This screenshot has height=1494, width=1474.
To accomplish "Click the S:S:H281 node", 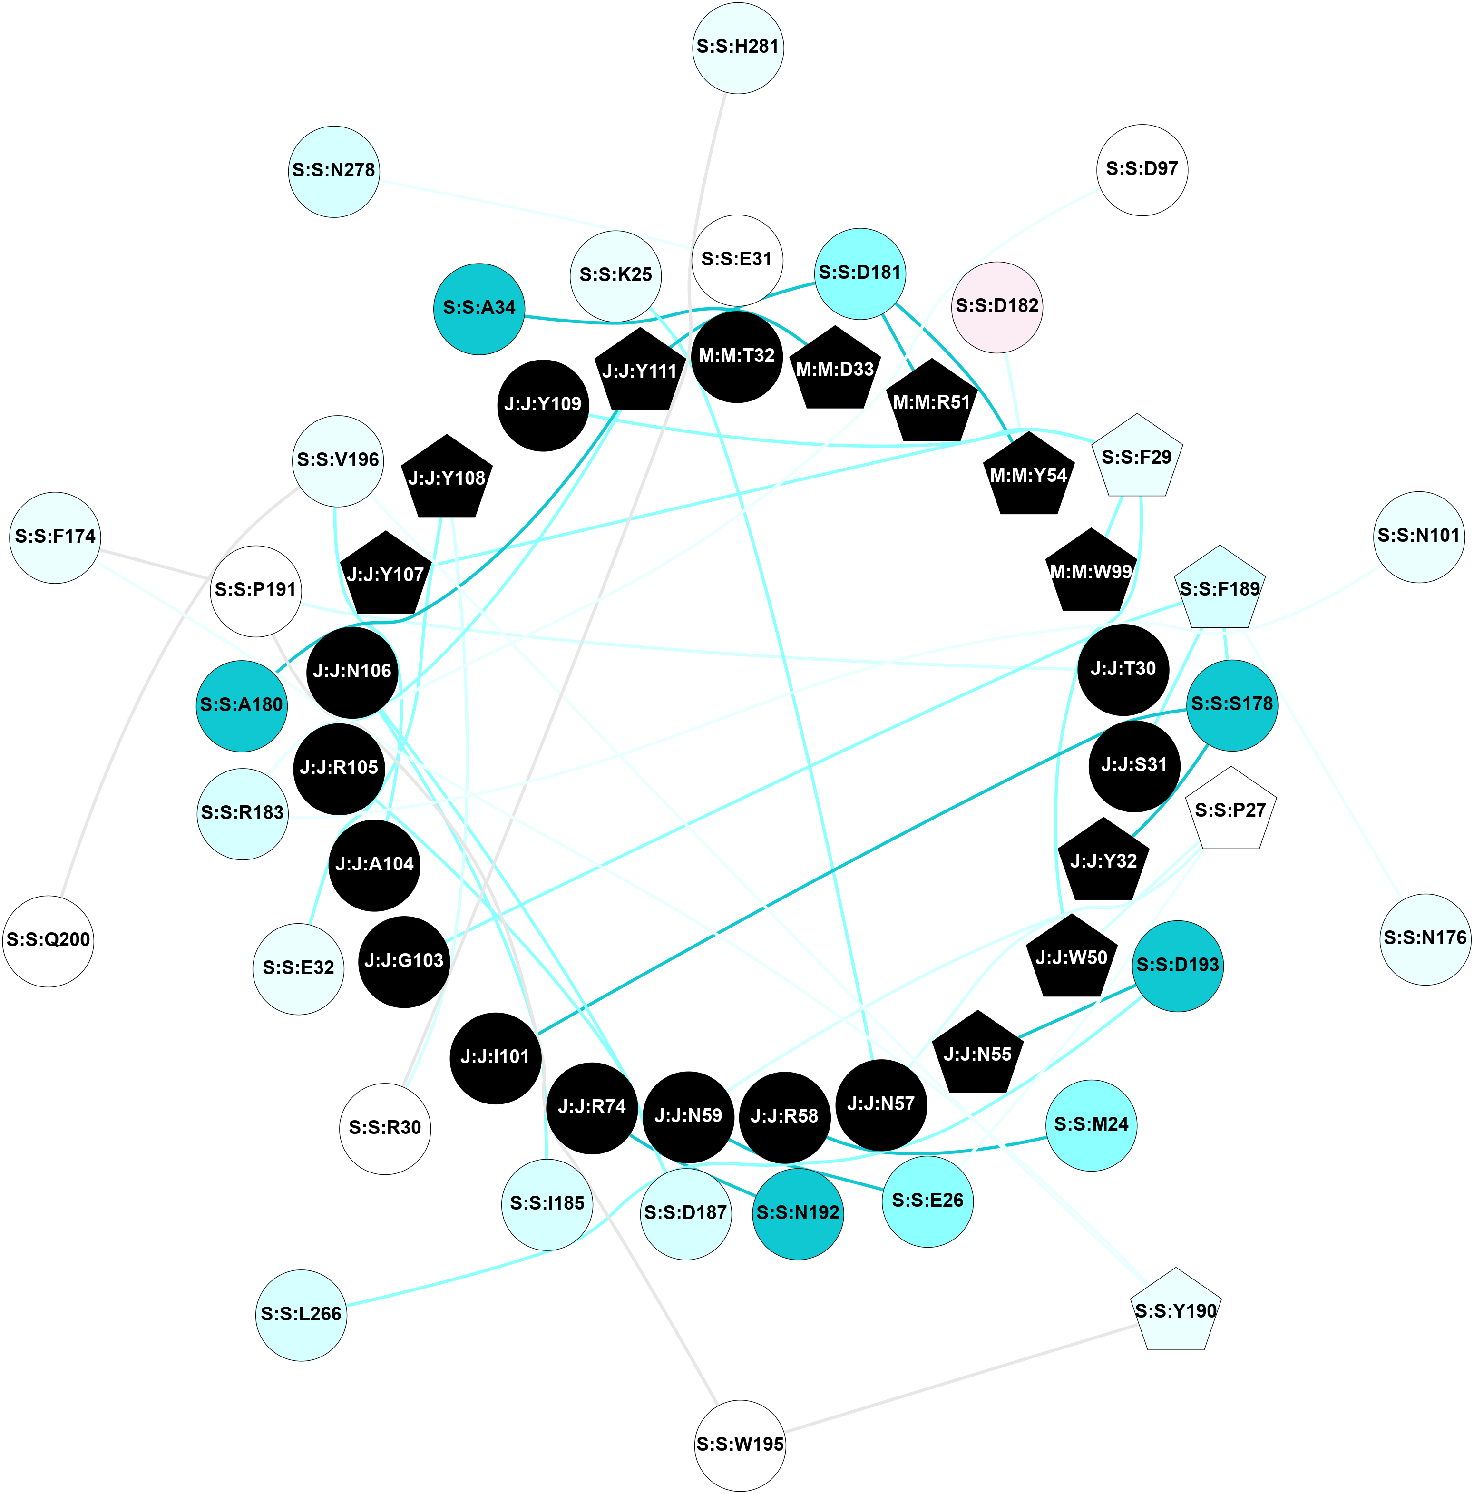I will coord(738,47).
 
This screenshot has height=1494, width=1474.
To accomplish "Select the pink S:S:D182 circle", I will coord(997,306).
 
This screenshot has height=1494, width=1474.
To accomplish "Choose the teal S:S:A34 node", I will coord(479,309).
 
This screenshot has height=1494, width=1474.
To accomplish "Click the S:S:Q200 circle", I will coord(48,940).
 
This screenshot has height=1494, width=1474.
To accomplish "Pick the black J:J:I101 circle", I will coord(495,1057).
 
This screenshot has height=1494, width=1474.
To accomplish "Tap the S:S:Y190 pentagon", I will coord(1175,1311).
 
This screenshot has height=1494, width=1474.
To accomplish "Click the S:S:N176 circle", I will coord(1425,939).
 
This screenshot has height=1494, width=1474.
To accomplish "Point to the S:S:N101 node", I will coord(1418,536).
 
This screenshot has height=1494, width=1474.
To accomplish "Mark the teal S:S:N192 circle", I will coord(797,1212).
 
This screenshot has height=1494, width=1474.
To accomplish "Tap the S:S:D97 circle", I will coord(1142,169).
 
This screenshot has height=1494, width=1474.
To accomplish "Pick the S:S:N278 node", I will coord(334,171).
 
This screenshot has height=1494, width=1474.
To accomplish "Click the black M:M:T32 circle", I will coord(736,356).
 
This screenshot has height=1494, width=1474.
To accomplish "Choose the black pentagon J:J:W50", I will coord(1071,958).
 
